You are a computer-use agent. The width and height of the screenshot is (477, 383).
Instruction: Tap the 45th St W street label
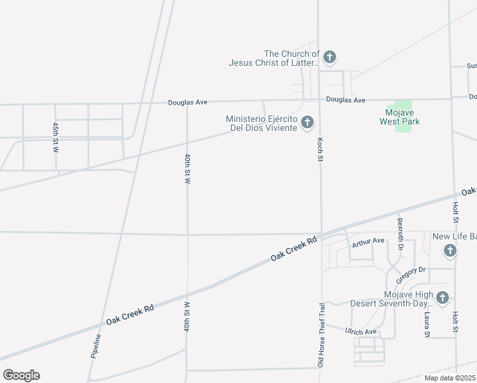point(56,137)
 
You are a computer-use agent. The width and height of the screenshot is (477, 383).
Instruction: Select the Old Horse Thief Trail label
point(321,335)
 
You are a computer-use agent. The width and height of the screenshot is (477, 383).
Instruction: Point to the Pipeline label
point(96,346)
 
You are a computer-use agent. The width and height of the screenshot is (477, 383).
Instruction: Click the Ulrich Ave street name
point(361,332)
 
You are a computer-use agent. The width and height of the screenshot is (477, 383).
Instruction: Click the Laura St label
point(427,324)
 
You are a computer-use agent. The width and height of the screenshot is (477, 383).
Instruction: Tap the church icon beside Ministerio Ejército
point(307,122)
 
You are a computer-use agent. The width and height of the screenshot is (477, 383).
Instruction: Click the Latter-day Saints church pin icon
point(329,57)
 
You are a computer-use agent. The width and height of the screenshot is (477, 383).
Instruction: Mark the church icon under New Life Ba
point(450,250)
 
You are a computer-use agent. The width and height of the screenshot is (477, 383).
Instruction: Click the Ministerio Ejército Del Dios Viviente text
point(262,123)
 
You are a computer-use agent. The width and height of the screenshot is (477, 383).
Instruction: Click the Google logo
point(21,375)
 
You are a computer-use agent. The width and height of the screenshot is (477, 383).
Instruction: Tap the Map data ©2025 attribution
point(450,378)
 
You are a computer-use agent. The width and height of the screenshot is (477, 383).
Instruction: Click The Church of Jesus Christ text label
point(274,58)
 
